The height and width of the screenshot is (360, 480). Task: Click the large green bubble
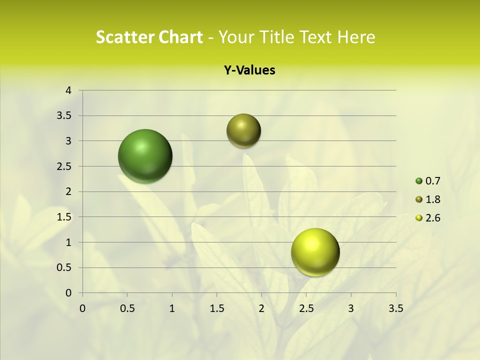point(145,156)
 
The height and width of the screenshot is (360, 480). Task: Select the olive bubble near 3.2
point(243,130)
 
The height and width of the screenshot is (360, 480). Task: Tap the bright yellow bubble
point(315,252)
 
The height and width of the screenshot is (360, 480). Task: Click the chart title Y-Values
point(249,70)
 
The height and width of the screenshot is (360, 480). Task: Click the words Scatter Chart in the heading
point(149,37)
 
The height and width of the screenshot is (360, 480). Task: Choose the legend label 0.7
point(432,181)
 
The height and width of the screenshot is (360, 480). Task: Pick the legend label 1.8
point(432,199)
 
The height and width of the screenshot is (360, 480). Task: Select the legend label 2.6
point(432,218)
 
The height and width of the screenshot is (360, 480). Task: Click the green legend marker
point(419,181)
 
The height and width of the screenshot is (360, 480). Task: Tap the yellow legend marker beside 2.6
point(419,218)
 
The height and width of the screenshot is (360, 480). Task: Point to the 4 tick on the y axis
point(68,90)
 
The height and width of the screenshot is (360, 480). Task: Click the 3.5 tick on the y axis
point(65,116)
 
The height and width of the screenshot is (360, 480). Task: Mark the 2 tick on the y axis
point(68,191)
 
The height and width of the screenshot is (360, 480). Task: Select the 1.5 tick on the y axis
point(65,217)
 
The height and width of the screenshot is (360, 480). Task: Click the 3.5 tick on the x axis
point(395,308)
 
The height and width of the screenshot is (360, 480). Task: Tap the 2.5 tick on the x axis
point(306,308)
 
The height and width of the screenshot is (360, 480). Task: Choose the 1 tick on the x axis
point(172,308)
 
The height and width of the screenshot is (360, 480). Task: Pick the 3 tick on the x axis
point(351,308)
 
